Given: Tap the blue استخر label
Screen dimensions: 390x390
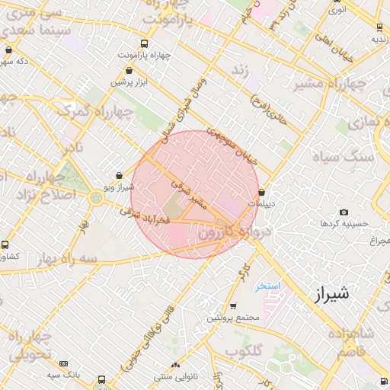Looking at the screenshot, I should [x=269, y=286].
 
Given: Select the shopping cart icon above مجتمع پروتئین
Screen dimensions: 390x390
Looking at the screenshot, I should [x=232, y=306].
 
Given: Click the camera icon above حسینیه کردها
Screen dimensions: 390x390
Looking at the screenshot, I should [x=344, y=212].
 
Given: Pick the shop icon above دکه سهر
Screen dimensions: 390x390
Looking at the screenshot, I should [x=8, y=50].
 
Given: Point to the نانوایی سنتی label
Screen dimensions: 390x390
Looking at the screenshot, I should [x=176, y=376].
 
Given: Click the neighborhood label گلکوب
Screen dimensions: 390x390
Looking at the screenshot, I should [x=243, y=351].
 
